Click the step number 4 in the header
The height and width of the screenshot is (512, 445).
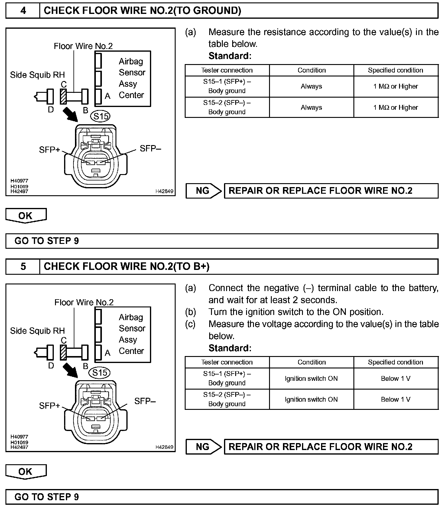[23, 11]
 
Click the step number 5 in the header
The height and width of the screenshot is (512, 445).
[23, 266]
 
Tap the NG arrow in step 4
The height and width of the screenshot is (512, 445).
[204, 191]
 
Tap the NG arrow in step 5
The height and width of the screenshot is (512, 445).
[204, 447]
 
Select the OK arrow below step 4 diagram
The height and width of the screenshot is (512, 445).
[26, 215]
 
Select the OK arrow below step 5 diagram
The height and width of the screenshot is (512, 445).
[26, 471]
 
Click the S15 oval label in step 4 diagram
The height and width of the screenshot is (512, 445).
[100, 116]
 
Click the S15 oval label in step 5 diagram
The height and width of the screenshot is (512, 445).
[100, 373]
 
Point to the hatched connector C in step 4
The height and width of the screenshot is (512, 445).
[63, 96]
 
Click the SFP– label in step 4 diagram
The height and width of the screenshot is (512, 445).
[150, 148]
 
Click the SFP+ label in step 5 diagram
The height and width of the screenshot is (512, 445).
[50, 406]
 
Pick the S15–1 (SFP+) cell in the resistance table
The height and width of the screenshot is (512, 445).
[227, 86]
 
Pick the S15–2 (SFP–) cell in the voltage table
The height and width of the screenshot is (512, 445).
[227, 399]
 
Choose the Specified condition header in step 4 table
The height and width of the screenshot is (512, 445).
[395, 70]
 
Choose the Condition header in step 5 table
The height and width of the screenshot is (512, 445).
[311, 362]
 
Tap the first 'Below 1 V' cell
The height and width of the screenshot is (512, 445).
[395, 378]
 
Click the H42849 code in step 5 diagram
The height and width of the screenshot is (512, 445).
[164, 447]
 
